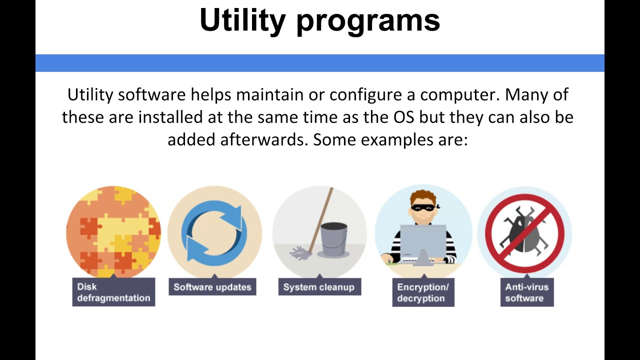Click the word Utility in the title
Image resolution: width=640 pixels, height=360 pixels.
(242, 20)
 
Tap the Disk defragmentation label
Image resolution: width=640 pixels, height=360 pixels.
(113, 292)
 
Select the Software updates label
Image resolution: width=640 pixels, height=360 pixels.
(212, 287)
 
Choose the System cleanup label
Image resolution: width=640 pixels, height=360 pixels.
(319, 287)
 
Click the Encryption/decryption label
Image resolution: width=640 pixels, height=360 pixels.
(423, 292)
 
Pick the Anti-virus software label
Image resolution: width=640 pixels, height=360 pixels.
(526, 292)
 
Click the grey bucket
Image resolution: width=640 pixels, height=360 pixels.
(333, 239)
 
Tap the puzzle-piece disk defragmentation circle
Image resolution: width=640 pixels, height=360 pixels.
(113, 231)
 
